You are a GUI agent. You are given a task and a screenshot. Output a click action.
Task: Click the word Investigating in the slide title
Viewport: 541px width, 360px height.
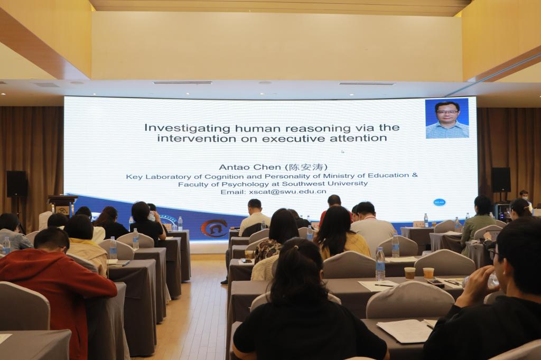pyautogui.click(x=188, y=128)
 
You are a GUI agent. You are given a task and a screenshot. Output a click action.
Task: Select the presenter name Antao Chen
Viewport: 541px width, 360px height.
pyautogui.click(x=250, y=167)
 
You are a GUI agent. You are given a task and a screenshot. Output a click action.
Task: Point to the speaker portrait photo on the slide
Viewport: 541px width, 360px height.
pyautogui.click(x=447, y=119)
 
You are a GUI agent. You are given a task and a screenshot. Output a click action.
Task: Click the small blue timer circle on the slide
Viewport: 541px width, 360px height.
pyautogui.click(x=439, y=202)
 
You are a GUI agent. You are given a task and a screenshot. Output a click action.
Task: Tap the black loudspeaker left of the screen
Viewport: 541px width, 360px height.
pyautogui.click(x=16, y=184)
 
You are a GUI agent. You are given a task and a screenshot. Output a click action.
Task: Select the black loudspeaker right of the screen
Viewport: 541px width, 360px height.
pyautogui.click(x=501, y=179)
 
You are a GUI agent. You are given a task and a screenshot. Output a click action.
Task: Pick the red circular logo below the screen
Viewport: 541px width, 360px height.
pyautogui.click(x=214, y=228)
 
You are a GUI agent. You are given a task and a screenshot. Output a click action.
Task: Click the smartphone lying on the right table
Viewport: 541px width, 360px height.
pyautogui.click(x=436, y=282)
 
